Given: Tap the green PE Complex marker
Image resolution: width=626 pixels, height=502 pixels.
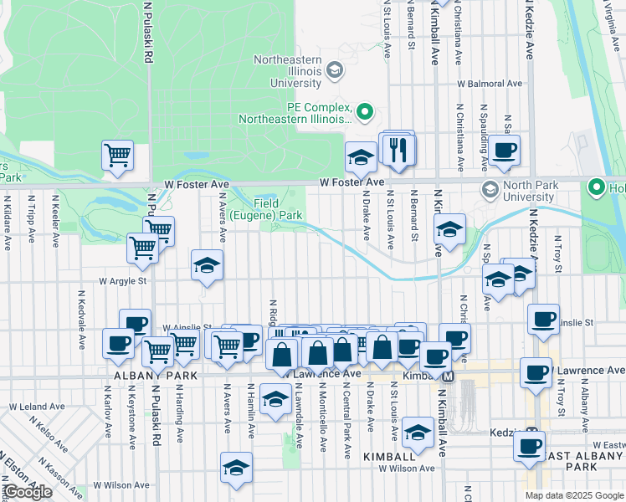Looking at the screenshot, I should (x=365, y=110).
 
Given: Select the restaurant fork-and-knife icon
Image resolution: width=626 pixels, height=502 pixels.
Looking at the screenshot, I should (x=398, y=150).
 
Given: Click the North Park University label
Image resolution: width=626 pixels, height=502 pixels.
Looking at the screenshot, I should (x=518, y=191).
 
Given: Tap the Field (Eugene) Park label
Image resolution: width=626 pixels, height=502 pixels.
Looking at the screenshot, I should (x=278, y=208).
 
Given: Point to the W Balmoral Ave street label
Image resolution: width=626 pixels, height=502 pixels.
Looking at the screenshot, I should (x=490, y=84).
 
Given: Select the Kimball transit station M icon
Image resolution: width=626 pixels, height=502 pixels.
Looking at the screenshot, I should (x=449, y=376).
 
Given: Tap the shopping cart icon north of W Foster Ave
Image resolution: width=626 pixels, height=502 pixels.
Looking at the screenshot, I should (x=117, y=155).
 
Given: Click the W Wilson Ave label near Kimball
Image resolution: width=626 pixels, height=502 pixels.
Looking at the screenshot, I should (x=406, y=469).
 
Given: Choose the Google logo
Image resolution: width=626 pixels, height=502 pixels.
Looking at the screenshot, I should (x=27, y=492).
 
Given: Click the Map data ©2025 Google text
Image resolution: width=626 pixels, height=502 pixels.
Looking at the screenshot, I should (x=574, y=495).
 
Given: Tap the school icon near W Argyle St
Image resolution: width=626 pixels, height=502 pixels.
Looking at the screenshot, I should (x=207, y=266).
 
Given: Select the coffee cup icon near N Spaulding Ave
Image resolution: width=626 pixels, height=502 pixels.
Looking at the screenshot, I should (x=505, y=151).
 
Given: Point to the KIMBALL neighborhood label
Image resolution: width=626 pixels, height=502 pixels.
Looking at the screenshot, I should (x=389, y=457).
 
